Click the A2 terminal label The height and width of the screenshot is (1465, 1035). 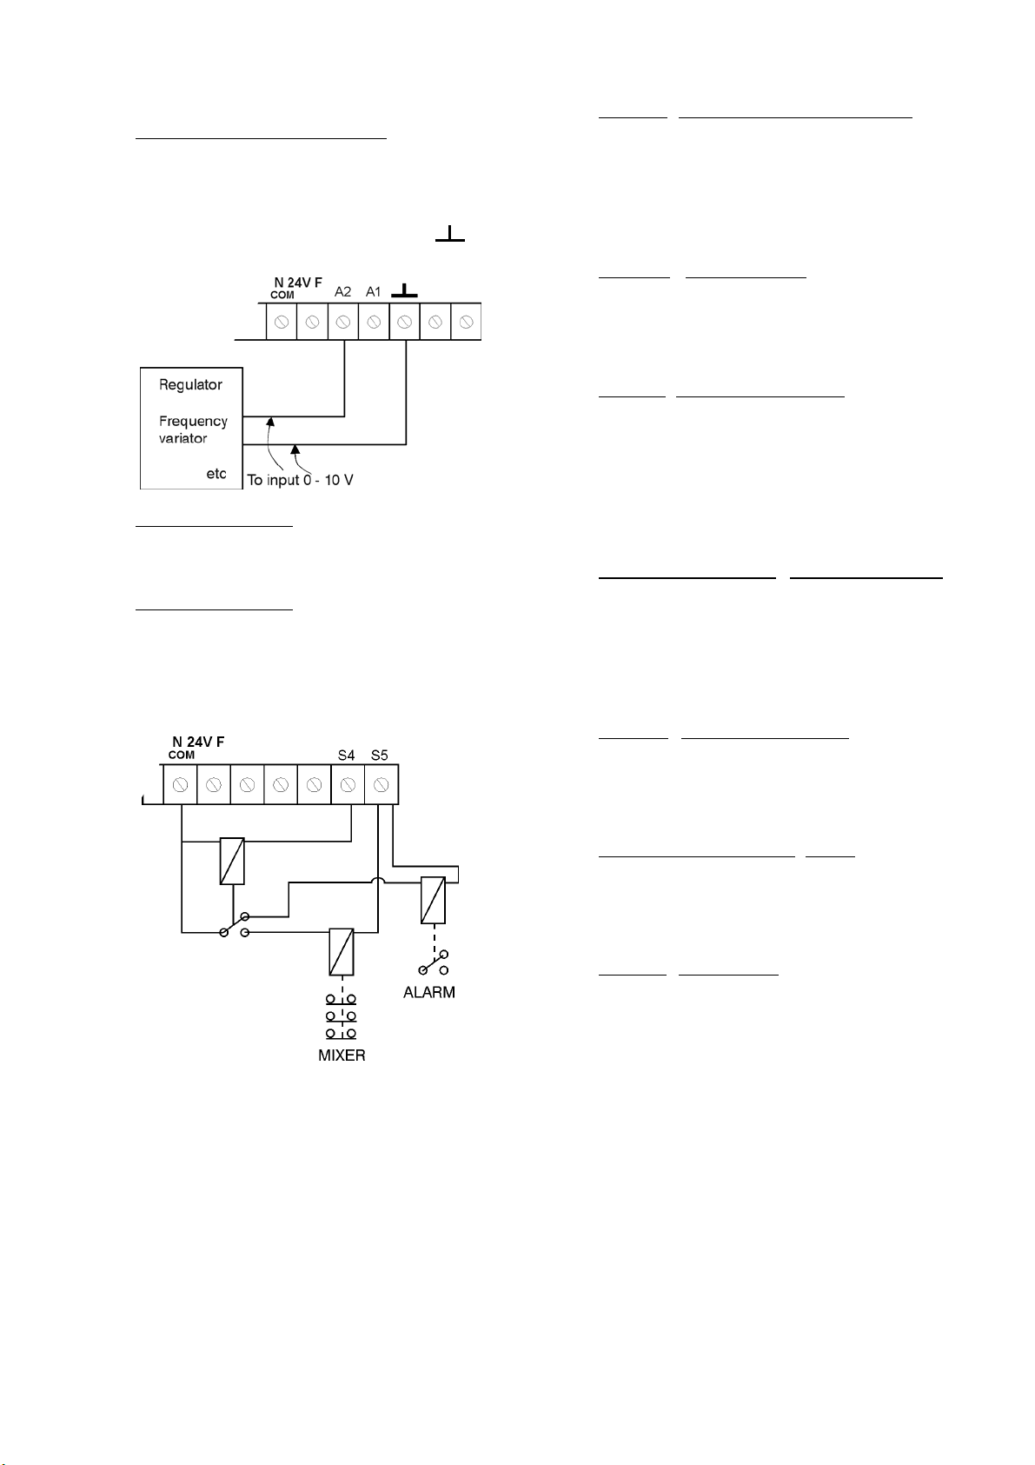343,292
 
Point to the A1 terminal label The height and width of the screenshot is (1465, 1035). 374,292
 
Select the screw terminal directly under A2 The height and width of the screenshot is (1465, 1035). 343,322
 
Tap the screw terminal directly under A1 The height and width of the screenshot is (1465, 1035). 374,322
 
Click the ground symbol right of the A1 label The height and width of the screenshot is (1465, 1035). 404,291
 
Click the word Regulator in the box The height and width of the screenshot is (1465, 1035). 190,384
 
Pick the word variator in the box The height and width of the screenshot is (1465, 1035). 182,438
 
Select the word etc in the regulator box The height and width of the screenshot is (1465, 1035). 216,474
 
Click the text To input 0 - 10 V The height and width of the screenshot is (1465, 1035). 301,480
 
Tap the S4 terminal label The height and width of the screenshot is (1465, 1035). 347,756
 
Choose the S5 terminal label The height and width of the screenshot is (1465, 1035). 380,756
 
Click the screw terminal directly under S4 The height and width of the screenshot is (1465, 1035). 348,785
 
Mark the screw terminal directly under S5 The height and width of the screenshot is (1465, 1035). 381,785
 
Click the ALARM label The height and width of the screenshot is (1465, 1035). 429,992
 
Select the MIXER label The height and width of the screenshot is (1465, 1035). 342,1055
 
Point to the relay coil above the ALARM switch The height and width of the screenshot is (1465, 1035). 433,900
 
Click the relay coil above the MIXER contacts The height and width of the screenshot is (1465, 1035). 342,951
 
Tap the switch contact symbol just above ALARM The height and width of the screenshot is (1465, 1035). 433,962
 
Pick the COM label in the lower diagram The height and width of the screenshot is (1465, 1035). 182,755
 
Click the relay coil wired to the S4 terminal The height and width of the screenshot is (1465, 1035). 232,861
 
